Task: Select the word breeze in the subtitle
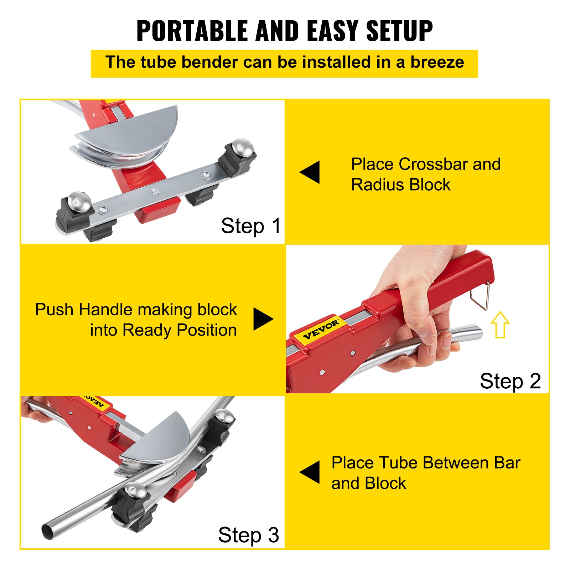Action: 437,62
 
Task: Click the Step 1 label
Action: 251,226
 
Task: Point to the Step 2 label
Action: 510,381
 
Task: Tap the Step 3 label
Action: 248,535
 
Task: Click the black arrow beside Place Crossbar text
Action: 310,172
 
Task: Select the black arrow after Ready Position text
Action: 263,319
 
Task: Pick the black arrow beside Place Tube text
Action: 310,472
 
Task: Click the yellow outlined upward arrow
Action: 500,325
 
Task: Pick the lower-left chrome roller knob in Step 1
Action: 79,201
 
